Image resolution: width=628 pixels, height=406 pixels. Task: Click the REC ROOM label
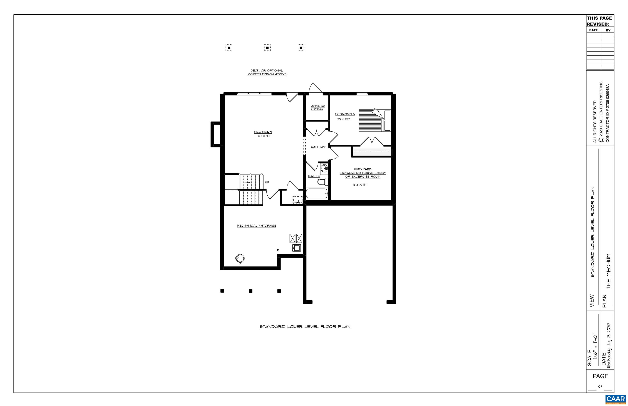[263, 132]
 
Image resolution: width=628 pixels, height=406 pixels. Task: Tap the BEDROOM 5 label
[345, 114]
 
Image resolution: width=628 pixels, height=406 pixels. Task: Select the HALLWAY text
[318, 147]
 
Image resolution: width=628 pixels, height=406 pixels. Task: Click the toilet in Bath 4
[323, 182]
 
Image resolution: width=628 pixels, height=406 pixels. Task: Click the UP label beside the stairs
[267, 182]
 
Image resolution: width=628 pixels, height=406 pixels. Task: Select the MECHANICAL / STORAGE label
[256, 226]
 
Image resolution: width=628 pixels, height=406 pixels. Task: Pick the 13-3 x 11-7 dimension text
[360, 185]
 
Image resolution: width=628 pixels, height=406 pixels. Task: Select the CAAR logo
[615, 399]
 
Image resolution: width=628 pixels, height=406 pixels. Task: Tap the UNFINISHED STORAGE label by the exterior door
[317, 107]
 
